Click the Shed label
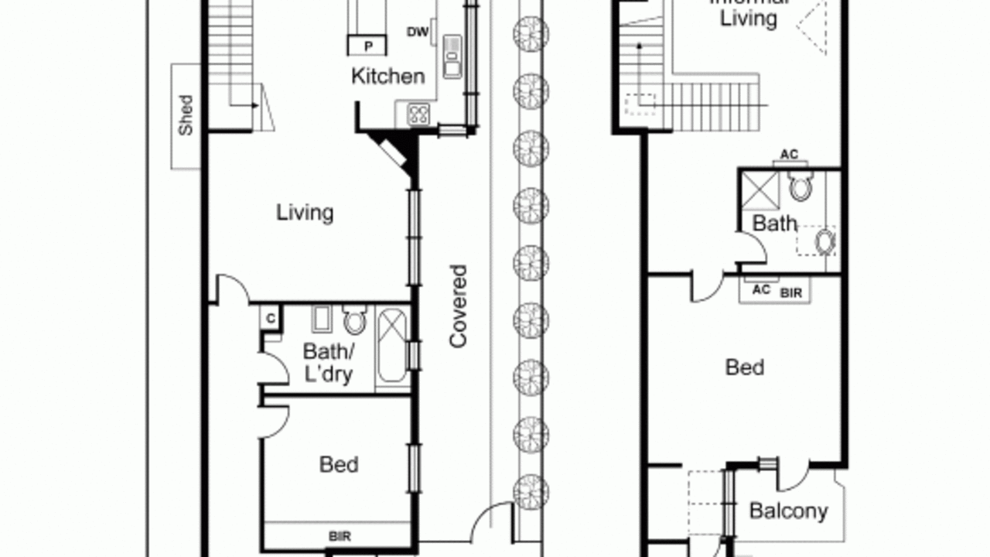pos(186,115)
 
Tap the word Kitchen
pos(387,76)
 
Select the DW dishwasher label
pos(417,32)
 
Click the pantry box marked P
pos(369,46)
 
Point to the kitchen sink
pos(452,56)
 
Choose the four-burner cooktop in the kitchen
pos(418,114)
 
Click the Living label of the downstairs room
pos(305,212)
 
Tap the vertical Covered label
pos(459,306)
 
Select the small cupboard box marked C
pos(271,318)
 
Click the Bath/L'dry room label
pos(328,363)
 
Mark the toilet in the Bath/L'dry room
pos(355,319)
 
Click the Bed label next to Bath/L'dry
pos(339,464)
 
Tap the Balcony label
pos(788,511)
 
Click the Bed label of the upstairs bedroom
pos(744,367)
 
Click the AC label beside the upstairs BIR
pos(761,290)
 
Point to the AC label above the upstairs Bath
pos(788,155)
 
